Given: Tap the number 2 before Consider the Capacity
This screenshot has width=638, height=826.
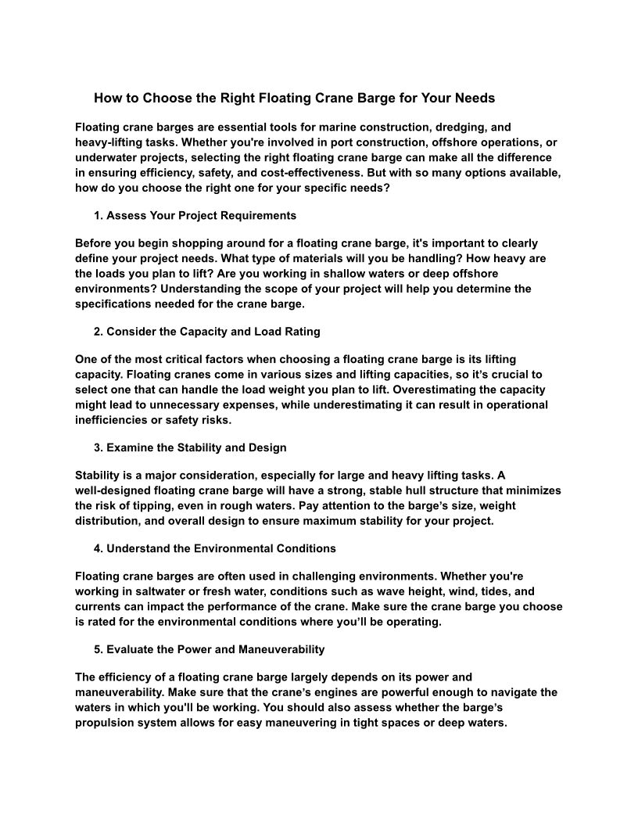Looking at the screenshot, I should [98, 332].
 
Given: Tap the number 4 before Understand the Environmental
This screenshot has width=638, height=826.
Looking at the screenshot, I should [98, 548].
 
